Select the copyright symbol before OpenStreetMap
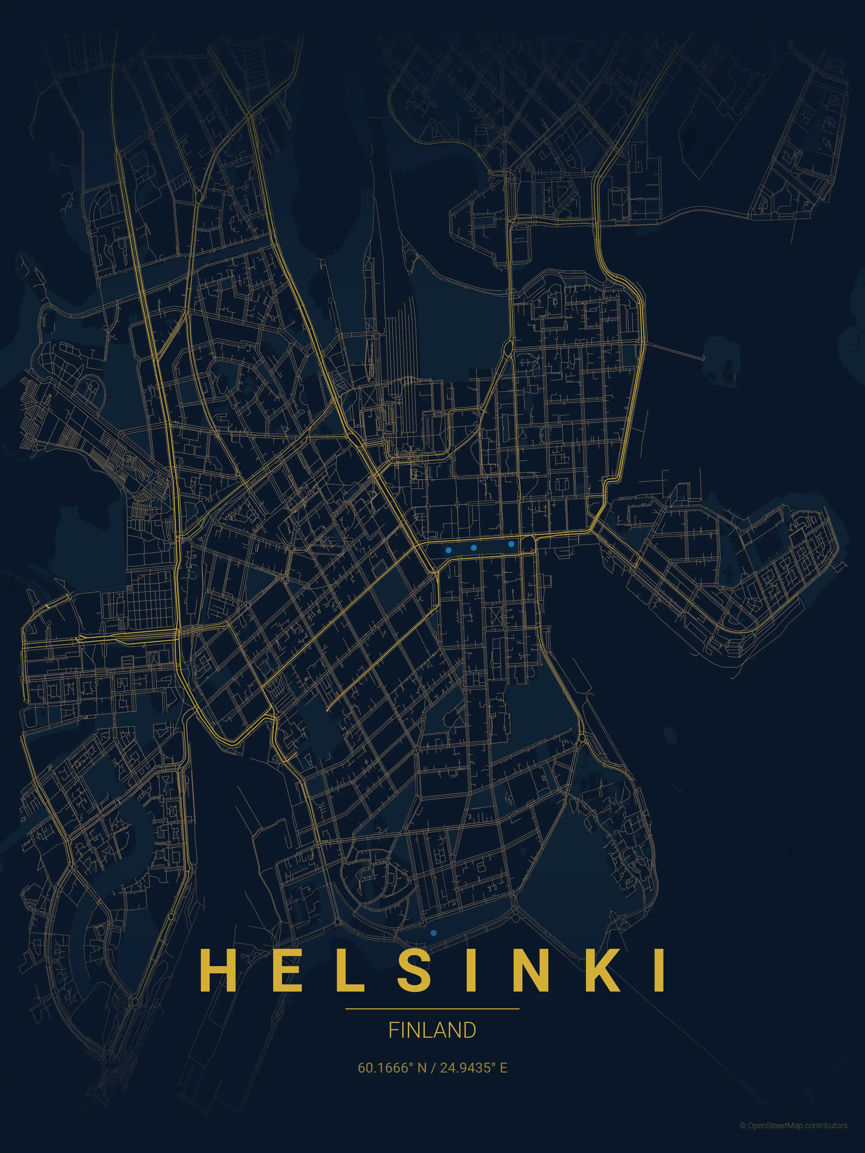pos(742,1136)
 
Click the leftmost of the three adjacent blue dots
pos(448,550)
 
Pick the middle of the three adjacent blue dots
pos(473,547)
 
